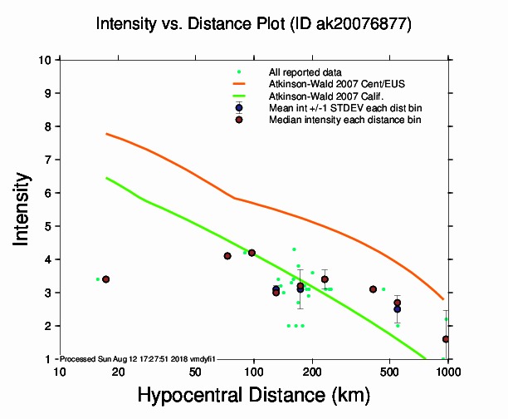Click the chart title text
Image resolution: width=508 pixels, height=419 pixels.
coord(253,24)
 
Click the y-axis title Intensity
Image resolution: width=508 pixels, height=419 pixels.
coord(24,209)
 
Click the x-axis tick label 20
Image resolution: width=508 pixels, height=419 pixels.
coord(117,372)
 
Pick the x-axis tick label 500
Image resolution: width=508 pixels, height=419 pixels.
coord(389,372)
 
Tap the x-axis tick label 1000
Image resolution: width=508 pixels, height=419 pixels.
coord(448,372)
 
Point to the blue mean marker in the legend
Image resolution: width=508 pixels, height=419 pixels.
coord(239,108)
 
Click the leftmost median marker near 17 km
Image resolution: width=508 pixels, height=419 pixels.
coord(105,279)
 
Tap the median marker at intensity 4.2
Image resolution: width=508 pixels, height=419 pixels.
coord(252,253)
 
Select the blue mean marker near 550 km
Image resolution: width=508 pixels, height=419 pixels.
coord(398,309)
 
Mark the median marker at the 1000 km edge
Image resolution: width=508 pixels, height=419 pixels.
coord(447,339)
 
